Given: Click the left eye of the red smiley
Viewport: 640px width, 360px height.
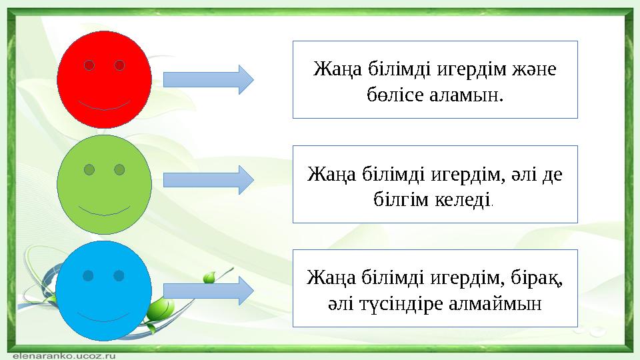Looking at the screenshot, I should click(x=89, y=65).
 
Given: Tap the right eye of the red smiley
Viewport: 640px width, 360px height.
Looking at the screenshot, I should click(x=120, y=65).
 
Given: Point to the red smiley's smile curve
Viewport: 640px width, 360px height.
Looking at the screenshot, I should click(x=104, y=107).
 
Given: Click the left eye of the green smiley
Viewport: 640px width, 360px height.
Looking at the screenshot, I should click(x=89, y=170).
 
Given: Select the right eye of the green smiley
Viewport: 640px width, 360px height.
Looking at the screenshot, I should click(x=119, y=170).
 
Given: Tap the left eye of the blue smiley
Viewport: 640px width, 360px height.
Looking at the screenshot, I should click(x=87, y=275).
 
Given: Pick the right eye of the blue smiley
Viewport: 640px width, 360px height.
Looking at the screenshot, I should click(x=119, y=275).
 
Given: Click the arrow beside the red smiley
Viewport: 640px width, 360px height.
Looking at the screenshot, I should click(x=208, y=79).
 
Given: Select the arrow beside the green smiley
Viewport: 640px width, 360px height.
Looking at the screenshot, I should click(x=208, y=180).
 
